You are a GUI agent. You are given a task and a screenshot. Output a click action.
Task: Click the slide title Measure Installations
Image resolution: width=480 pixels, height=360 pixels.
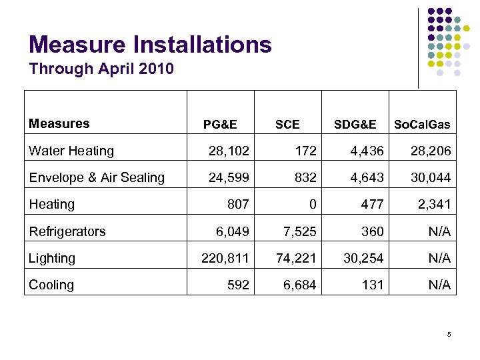click(151, 45)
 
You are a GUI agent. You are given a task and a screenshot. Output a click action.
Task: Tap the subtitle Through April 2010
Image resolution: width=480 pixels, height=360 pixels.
click(101, 69)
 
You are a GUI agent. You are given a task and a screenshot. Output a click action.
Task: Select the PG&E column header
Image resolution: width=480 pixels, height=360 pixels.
click(220, 125)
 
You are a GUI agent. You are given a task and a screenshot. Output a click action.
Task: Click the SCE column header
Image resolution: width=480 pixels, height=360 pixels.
click(287, 125)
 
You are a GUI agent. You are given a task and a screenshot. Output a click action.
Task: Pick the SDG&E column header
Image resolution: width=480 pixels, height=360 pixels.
click(355, 125)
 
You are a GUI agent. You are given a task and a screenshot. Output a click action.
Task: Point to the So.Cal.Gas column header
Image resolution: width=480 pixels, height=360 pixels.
click(422, 125)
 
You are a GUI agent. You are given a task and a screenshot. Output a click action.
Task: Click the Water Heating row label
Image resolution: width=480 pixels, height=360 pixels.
click(71, 151)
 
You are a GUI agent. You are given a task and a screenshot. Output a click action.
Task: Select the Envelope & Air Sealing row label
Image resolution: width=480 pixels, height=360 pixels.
click(97, 177)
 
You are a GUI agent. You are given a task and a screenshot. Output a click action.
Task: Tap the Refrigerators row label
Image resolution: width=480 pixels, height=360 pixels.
click(67, 231)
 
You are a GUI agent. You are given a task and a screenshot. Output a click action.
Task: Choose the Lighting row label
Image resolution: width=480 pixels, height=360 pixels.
click(52, 258)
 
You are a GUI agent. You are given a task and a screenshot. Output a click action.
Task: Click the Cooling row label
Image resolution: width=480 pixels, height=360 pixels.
click(51, 285)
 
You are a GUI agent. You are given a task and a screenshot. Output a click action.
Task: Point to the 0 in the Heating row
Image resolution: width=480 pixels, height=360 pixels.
click(312, 205)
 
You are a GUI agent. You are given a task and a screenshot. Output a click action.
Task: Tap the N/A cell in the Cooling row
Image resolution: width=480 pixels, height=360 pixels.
click(438, 285)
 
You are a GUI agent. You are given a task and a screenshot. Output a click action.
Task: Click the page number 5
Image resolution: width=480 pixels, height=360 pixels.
click(449, 334)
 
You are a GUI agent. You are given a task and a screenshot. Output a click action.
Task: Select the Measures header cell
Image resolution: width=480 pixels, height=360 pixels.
click(59, 123)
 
